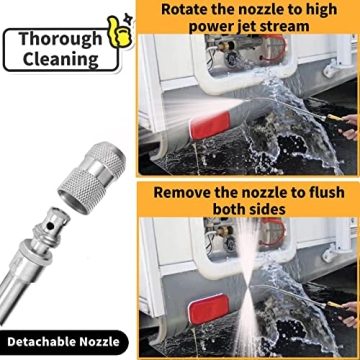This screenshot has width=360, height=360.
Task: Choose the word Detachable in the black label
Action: click(x=40, y=342)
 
